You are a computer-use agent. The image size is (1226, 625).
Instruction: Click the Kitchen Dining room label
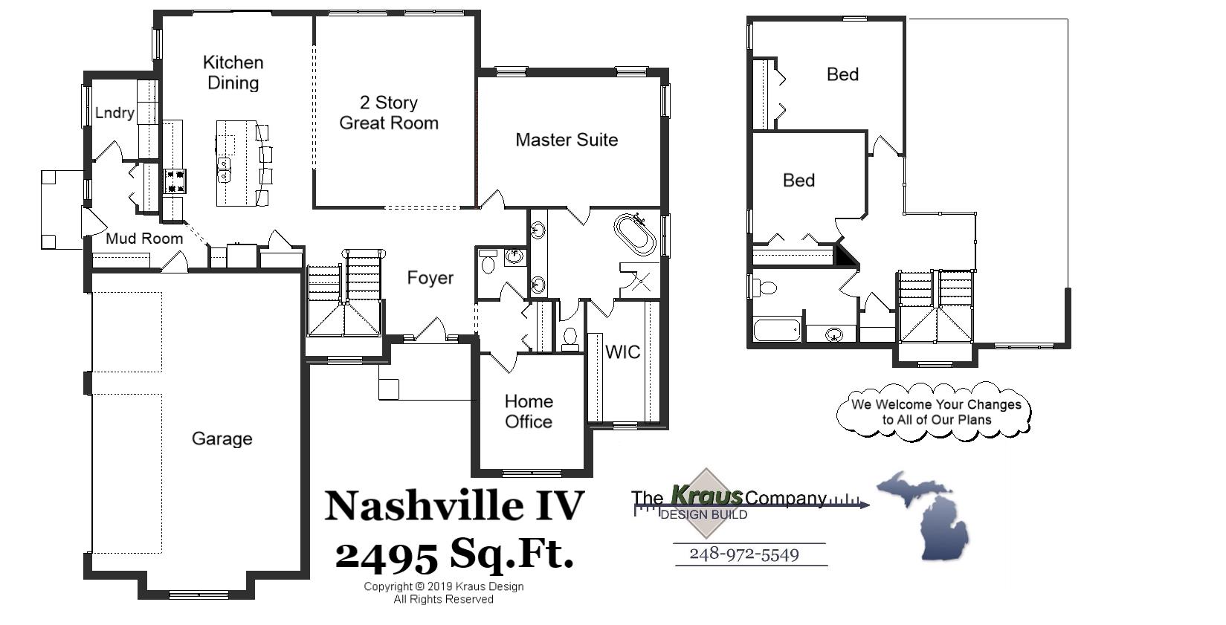(233, 73)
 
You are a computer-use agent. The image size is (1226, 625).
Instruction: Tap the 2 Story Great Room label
(388, 113)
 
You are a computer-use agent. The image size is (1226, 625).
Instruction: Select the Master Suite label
(567, 140)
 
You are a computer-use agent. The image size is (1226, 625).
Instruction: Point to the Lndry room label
(114, 113)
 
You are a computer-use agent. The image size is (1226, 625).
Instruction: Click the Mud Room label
(144, 239)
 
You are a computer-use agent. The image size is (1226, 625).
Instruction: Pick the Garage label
(222, 438)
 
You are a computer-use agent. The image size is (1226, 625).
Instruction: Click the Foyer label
(430, 278)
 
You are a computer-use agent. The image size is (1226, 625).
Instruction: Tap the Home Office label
(529, 411)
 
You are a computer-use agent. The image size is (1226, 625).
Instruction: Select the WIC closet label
(622, 352)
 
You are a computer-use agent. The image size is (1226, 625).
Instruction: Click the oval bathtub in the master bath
(635, 234)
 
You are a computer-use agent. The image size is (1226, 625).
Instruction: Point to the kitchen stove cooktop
(175, 181)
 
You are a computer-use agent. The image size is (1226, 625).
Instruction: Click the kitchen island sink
(224, 169)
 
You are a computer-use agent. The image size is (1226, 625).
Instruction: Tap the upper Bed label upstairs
(842, 74)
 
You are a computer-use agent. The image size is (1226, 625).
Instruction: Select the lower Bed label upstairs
(798, 181)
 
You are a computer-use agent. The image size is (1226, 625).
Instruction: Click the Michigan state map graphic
(926, 514)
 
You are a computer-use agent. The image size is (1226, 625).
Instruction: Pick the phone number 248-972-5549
(743, 554)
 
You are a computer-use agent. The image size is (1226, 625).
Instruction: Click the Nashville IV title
(454, 505)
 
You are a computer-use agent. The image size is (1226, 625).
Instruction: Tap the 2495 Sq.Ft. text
(454, 554)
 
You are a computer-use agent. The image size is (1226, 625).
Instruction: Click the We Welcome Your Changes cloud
(935, 412)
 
